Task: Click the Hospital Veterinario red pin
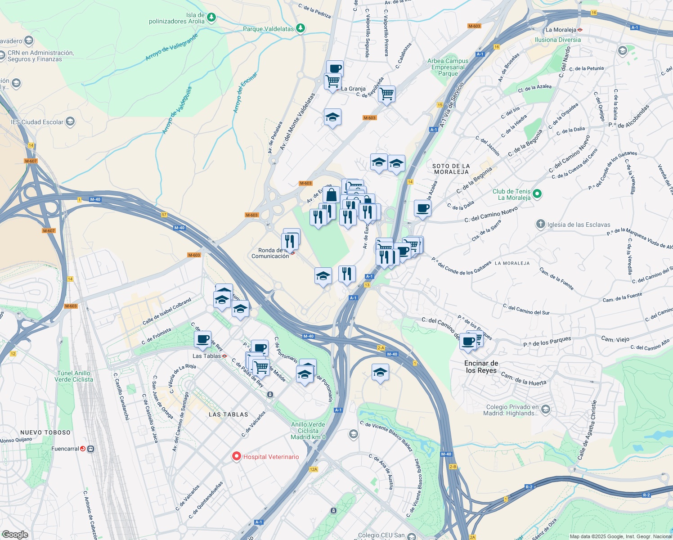(236, 456)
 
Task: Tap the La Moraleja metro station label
(561, 30)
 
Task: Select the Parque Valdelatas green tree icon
(300, 28)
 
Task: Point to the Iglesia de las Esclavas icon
(540, 224)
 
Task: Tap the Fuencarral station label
(65, 449)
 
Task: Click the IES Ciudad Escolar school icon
(70, 121)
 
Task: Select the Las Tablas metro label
(206, 356)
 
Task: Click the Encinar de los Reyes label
(481, 367)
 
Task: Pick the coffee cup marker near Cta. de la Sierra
(422, 208)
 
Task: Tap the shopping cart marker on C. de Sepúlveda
(386, 94)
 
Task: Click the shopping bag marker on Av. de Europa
(331, 195)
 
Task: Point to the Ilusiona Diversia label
(557, 40)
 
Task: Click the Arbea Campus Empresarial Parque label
(448, 67)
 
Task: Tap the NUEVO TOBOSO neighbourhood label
(45, 432)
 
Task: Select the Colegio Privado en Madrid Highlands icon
(545, 409)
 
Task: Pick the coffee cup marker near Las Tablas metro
(203, 339)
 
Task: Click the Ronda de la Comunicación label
(270, 253)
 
